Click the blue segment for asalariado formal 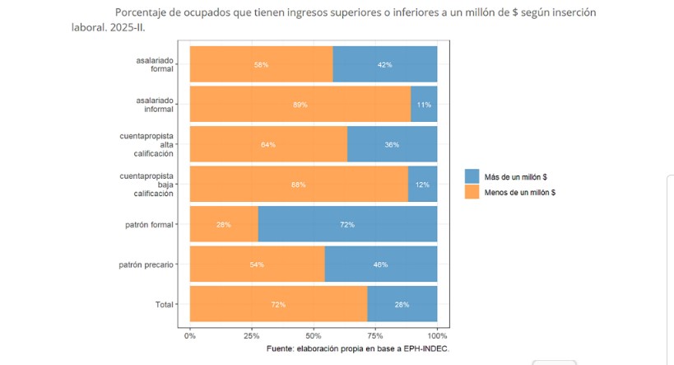[385, 64]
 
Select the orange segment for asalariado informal [300, 105]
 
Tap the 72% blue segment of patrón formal [347, 224]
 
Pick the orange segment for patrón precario [257, 264]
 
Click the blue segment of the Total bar [402, 304]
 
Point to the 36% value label [392, 145]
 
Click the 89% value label [300, 105]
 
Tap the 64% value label [268, 145]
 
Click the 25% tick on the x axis [252, 335]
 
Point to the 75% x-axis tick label [375, 335]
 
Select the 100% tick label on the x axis [437, 335]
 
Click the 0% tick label [190, 335]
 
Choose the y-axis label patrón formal [146, 224]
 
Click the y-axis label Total [164, 305]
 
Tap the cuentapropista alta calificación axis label [148, 144]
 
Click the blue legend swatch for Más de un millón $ [472, 176]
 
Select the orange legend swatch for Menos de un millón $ [472, 192]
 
